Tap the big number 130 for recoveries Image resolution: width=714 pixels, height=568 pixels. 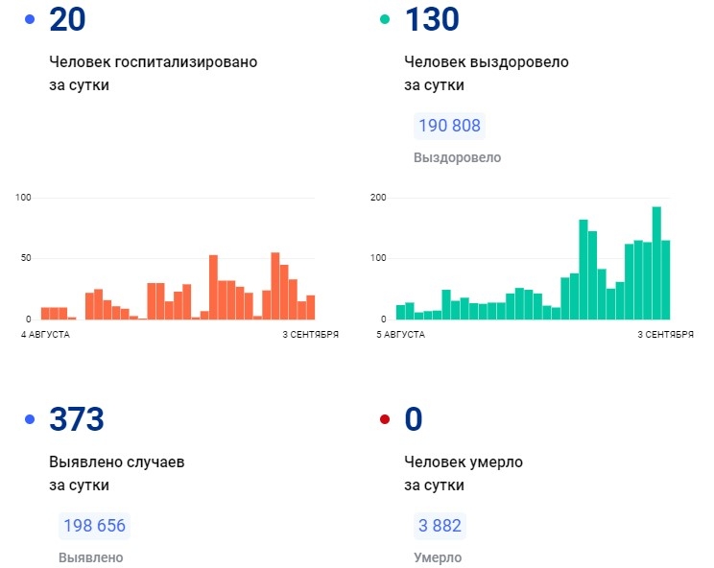coord(432,19)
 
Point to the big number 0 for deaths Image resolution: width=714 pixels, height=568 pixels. coord(414,419)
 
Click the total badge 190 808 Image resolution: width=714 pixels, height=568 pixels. coord(449,126)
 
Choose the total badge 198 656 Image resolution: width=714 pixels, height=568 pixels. coord(94,526)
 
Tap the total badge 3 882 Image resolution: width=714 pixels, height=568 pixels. coord(440,526)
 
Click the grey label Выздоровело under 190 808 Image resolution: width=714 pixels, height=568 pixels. coord(457,157)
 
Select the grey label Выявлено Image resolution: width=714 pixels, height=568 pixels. coord(90,557)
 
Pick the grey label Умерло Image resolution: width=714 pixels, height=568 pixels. coord(438,557)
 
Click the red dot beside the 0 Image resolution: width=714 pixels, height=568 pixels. coord(385,419)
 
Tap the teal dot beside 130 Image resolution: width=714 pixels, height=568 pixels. coord(385,19)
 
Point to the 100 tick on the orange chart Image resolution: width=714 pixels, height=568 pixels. coord(24,198)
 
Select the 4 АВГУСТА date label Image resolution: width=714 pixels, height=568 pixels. coord(45,335)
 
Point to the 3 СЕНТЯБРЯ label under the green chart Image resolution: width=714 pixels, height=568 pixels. coord(666,335)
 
